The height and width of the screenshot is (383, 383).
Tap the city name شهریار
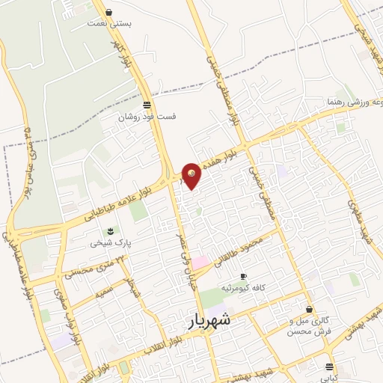coord(207,322)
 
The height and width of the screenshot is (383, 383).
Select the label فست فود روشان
coord(145,117)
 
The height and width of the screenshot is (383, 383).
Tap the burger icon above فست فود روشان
coord(146,105)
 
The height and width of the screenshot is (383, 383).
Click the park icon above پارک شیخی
coord(111,230)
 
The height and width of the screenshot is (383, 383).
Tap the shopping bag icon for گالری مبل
coord(309,309)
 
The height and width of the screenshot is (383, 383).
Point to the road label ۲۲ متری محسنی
coord(90,266)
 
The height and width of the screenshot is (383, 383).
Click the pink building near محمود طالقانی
coord(201,263)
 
